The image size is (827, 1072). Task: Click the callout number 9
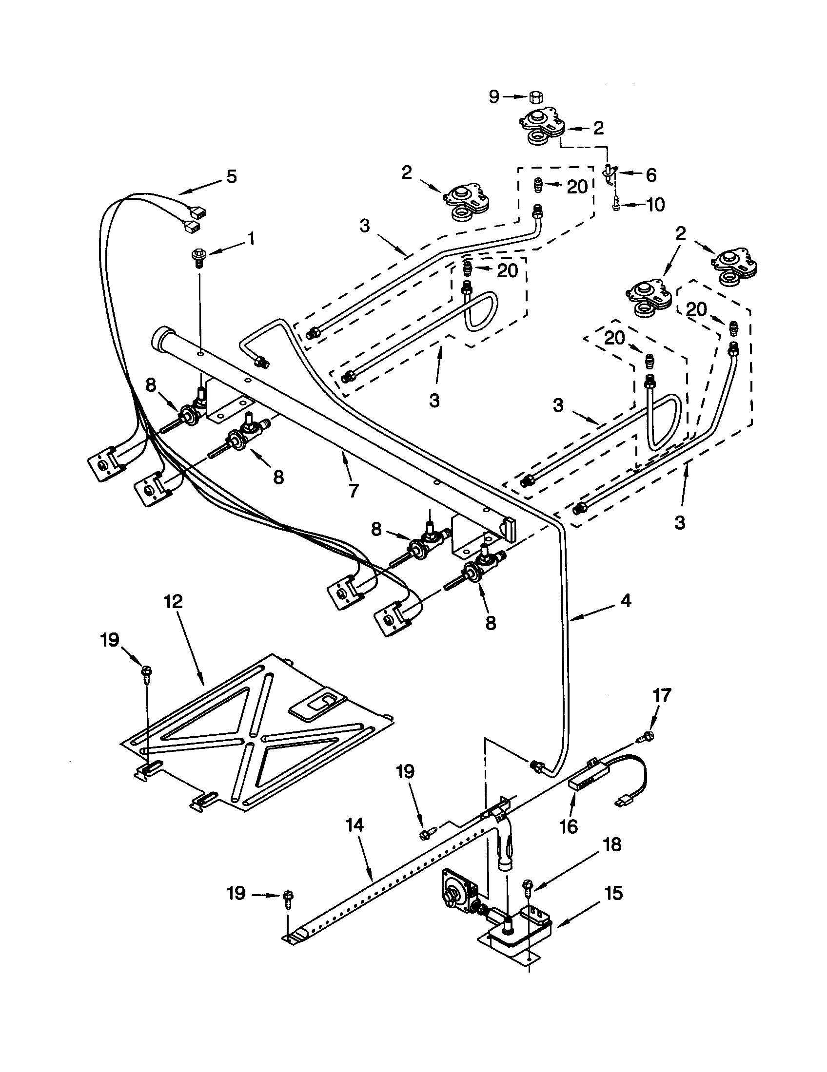494,96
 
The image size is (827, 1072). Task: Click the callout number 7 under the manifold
353,490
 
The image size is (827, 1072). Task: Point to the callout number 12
174,601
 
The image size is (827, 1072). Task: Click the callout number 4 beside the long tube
626,601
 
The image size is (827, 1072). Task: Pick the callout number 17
662,695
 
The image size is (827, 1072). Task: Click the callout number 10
655,204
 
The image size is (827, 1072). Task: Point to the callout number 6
651,175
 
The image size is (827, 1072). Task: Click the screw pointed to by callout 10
616,205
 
